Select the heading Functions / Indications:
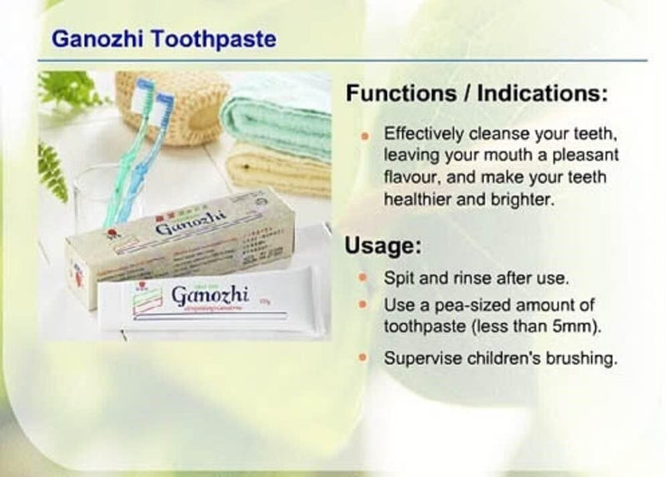coord(475,93)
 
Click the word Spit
coord(397,277)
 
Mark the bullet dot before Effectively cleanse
coord(363,134)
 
